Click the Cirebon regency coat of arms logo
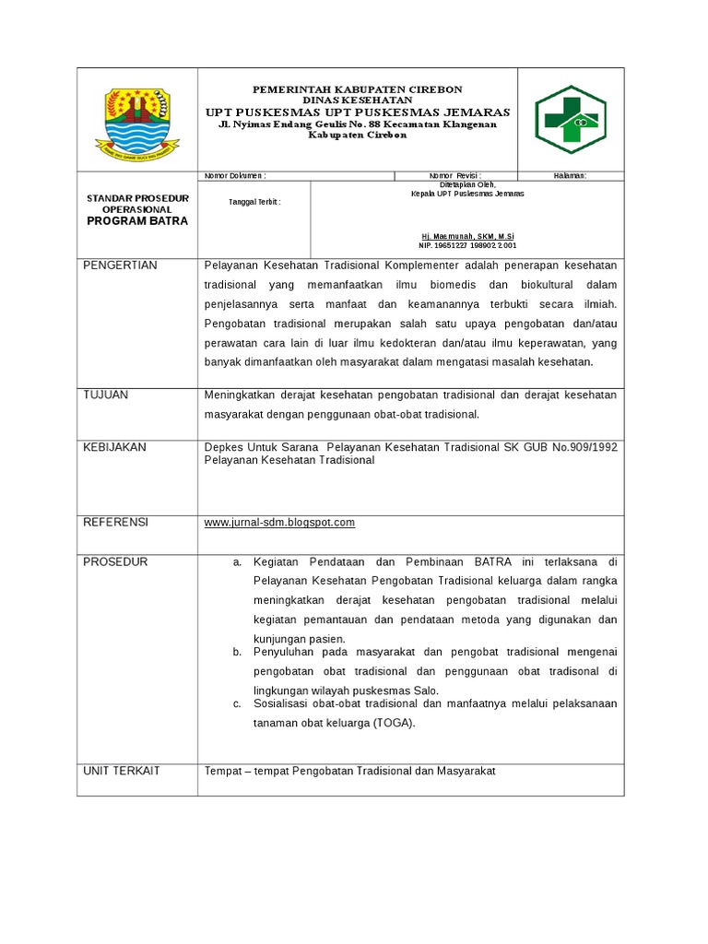click(137, 121)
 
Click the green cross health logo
click(571, 120)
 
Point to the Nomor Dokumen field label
click(235, 175)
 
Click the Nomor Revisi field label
click(455, 175)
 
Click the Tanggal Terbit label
click(254, 202)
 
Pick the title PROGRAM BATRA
click(137, 221)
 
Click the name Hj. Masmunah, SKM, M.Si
click(467, 237)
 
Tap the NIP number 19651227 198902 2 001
click(467, 246)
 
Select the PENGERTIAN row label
click(121, 265)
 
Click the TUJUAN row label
click(106, 395)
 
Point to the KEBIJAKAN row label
click(115, 447)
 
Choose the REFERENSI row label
click(116, 522)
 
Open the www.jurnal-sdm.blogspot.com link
click(279, 523)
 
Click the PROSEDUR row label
click(115, 561)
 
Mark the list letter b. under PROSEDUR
click(237, 652)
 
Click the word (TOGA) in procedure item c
click(395, 723)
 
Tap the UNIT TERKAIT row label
click(122, 771)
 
